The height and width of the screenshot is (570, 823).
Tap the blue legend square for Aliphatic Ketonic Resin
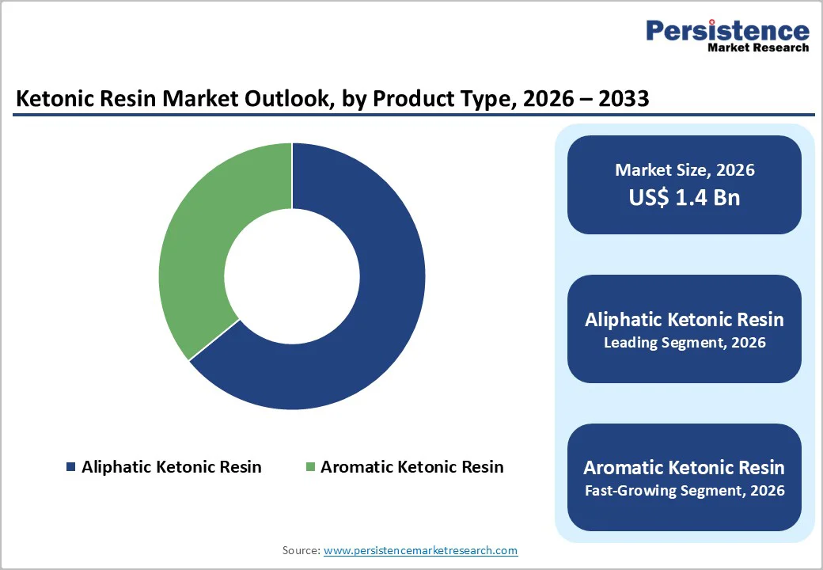(x=71, y=467)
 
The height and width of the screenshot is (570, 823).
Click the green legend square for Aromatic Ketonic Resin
(x=310, y=467)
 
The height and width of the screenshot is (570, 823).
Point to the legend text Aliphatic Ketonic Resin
(x=171, y=467)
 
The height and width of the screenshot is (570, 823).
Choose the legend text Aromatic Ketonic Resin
(x=411, y=467)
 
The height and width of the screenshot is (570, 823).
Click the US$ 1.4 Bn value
(x=685, y=197)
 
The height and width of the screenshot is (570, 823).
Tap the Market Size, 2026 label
(x=685, y=170)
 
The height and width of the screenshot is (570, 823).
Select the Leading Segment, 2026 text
(x=685, y=344)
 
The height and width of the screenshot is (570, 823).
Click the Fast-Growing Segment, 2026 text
(x=685, y=491)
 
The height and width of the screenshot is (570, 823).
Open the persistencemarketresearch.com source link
(x=420, y=550)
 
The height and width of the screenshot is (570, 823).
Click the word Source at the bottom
(x=301, y=550)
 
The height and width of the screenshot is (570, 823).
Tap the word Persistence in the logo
(x=727, y=31)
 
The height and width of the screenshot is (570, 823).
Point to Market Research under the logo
(x=758, y=47)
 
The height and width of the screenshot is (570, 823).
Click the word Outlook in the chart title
(x=278, y=99)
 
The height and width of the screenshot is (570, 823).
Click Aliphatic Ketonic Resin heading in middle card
(x=685, y=320)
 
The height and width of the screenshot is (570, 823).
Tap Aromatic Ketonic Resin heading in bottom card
(x=685, y=467)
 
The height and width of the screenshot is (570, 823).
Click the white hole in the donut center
(x=292, y=275)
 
